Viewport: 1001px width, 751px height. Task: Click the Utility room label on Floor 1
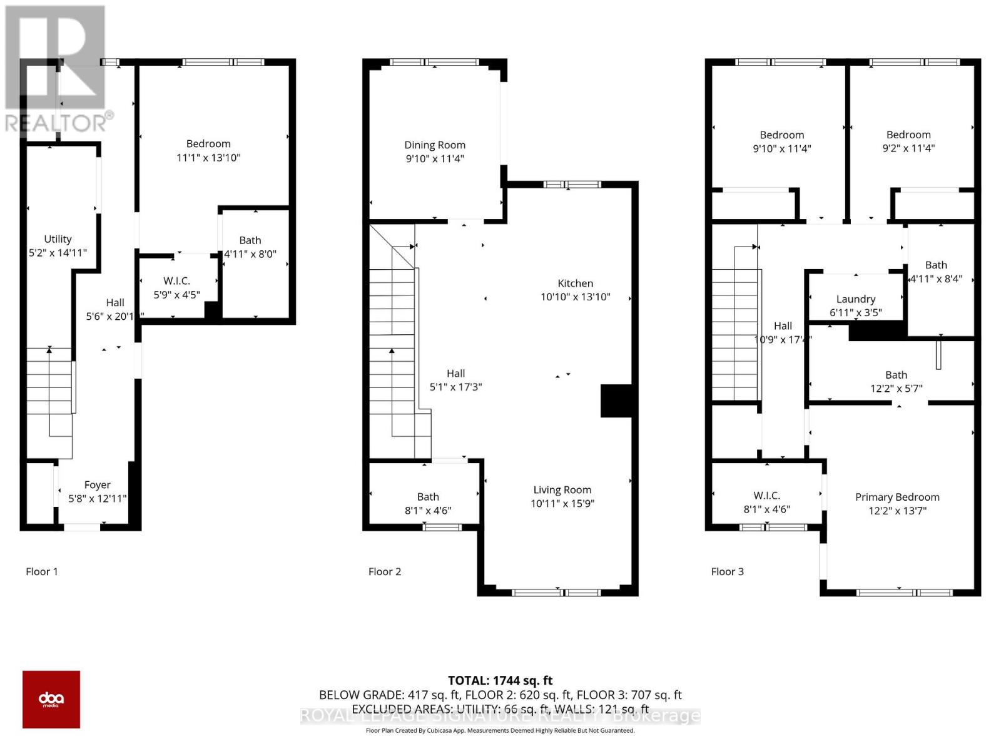coord(58,239)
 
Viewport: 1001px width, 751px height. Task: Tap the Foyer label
coord(97,485)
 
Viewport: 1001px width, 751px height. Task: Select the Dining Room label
coord(434,145)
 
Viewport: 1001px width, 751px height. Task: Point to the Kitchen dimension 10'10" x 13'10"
coord(575,297)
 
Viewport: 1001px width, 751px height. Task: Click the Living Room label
coord(562,490)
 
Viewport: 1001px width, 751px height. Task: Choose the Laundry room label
coord(855,299)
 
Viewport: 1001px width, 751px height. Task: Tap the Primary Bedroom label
coord(897,497)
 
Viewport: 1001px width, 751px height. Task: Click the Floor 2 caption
coord(384,571)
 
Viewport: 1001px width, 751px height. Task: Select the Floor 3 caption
coord(727,571)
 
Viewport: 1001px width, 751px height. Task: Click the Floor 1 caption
coord(41,571)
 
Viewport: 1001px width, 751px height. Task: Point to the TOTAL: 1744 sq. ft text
coord(500,680)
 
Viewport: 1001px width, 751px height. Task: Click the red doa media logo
coord(51,699)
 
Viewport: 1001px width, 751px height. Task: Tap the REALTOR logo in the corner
coord(56,69)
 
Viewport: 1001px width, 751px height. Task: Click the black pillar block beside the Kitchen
coord(617,401)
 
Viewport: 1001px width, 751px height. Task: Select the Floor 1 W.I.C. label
coord(176,281)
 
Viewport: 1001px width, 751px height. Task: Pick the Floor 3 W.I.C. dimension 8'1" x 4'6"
coord(766,509)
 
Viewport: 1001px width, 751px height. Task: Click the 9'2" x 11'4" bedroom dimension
coord(908,148)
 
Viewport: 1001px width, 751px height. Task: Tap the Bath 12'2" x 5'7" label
coord(896,375)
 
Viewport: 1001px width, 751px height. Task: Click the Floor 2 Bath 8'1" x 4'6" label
coord(428,497)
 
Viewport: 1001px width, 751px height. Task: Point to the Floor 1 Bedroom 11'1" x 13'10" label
coord(208,144)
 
